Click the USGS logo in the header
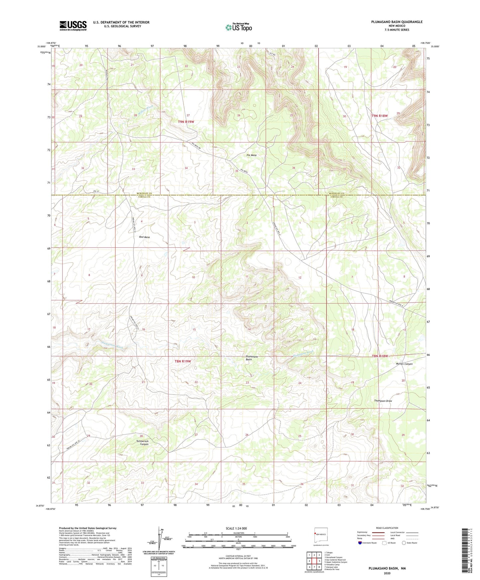click(73, 26)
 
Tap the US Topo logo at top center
click(239, 27)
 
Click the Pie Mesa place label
click(251, 155)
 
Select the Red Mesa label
click(144, 237)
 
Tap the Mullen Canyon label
click(404, 364)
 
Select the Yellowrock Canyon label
click(142, 442)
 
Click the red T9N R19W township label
click(186, 122)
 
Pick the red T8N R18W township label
click(380, 356)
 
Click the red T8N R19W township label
click(183, 361)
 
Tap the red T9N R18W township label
click(379, 116)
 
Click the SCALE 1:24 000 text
click(236, 529)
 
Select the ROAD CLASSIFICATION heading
click(387, 528)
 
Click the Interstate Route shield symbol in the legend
click(360, 543)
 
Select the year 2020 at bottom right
click(387, 573)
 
